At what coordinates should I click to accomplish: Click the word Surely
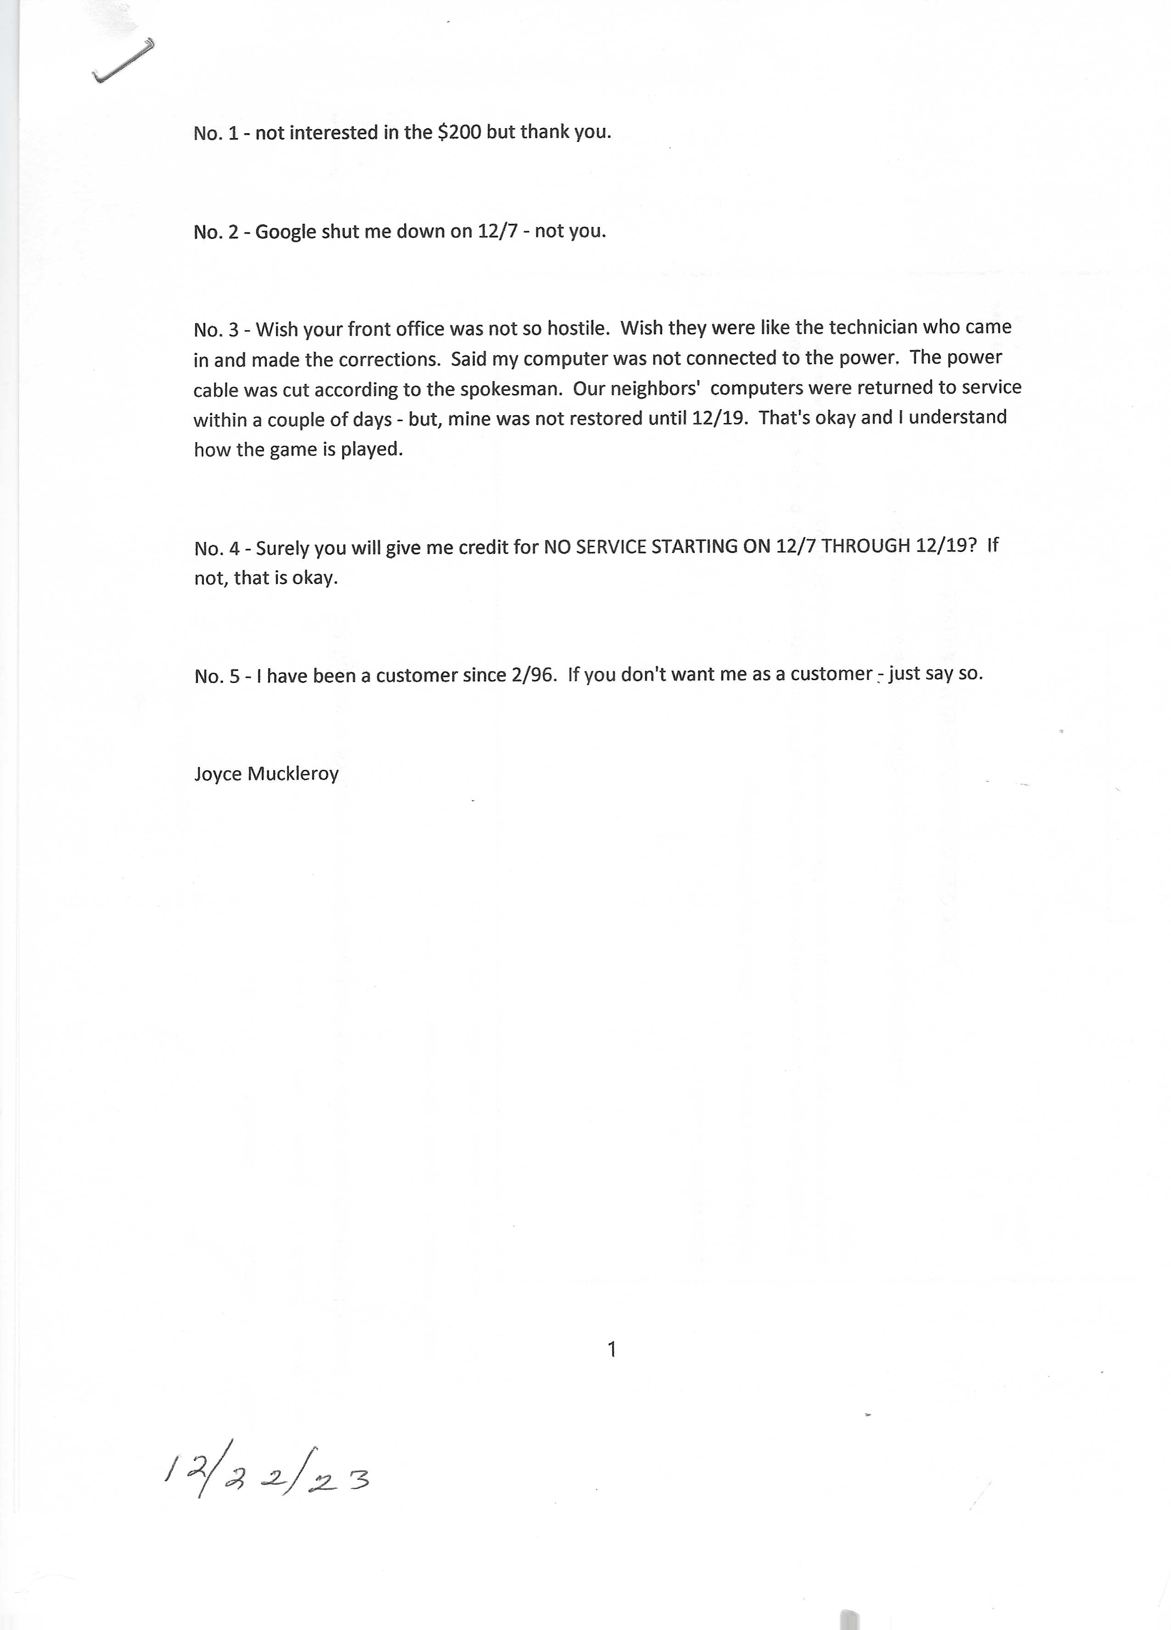282,548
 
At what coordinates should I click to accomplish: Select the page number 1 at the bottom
611,1350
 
